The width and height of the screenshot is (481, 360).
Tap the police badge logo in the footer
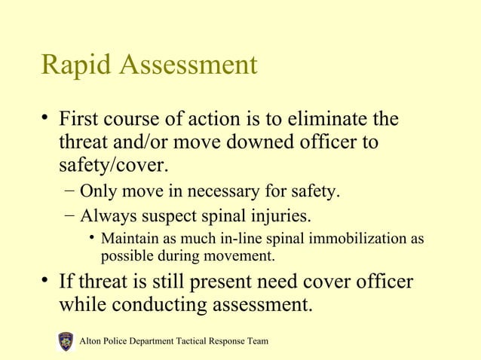point(66,342)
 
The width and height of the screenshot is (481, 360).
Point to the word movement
point(244,256)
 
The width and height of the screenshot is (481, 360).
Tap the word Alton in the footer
point(91,342)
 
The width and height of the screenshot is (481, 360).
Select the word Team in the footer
point(256,342)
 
